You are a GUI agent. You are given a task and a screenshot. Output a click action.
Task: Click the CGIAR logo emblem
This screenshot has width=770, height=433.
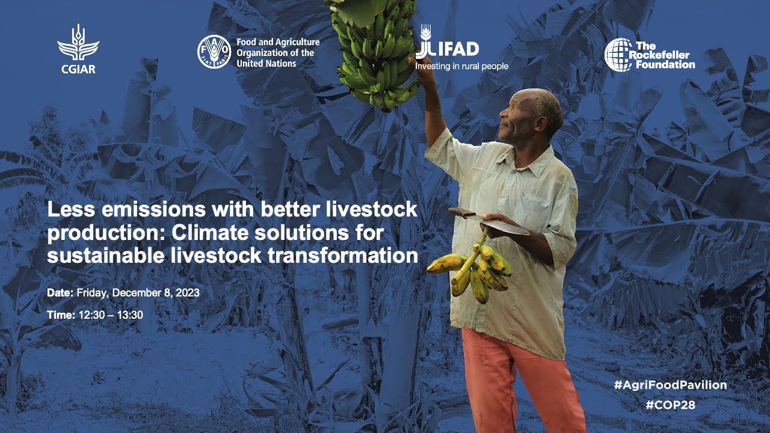coord(78,43)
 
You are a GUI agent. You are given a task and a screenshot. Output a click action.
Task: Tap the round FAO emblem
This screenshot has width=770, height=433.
coord(214,52)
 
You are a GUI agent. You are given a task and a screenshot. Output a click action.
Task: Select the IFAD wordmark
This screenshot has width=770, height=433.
coord(447,49)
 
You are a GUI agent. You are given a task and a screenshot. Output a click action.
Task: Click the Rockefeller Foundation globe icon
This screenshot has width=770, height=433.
coord(618,55)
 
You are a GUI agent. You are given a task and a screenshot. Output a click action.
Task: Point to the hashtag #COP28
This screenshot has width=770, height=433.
coord(670,405)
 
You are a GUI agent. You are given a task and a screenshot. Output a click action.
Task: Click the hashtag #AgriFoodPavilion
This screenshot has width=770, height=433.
coord(670,385)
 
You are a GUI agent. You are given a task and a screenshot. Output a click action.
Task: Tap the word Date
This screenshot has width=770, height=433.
coord(60,293)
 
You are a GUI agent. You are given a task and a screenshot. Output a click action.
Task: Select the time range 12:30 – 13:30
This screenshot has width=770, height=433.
coord(111,315)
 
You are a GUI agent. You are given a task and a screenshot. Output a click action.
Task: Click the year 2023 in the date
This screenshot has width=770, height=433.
coord(188,293)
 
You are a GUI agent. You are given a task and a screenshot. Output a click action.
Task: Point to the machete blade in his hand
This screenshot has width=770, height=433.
coord(495,223)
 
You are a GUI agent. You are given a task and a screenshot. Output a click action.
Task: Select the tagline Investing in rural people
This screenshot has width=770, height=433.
coord(461,66)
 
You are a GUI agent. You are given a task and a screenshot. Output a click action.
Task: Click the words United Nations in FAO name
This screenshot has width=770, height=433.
coord(266,64)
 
